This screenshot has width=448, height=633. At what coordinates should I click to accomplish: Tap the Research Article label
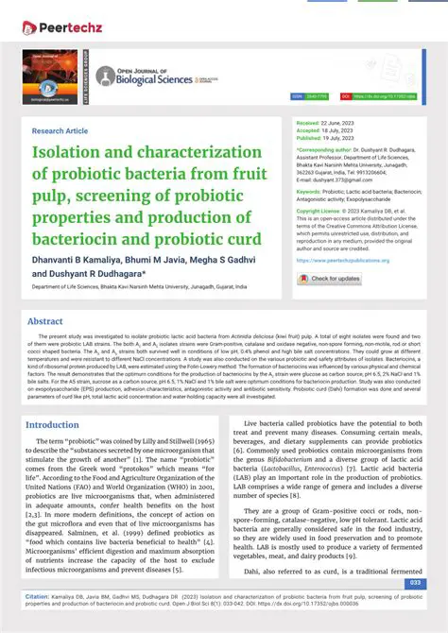(60, 131)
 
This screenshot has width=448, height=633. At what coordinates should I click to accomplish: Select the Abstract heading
(45, 322)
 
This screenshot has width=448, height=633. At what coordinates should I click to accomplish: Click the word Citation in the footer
(37, 597)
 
